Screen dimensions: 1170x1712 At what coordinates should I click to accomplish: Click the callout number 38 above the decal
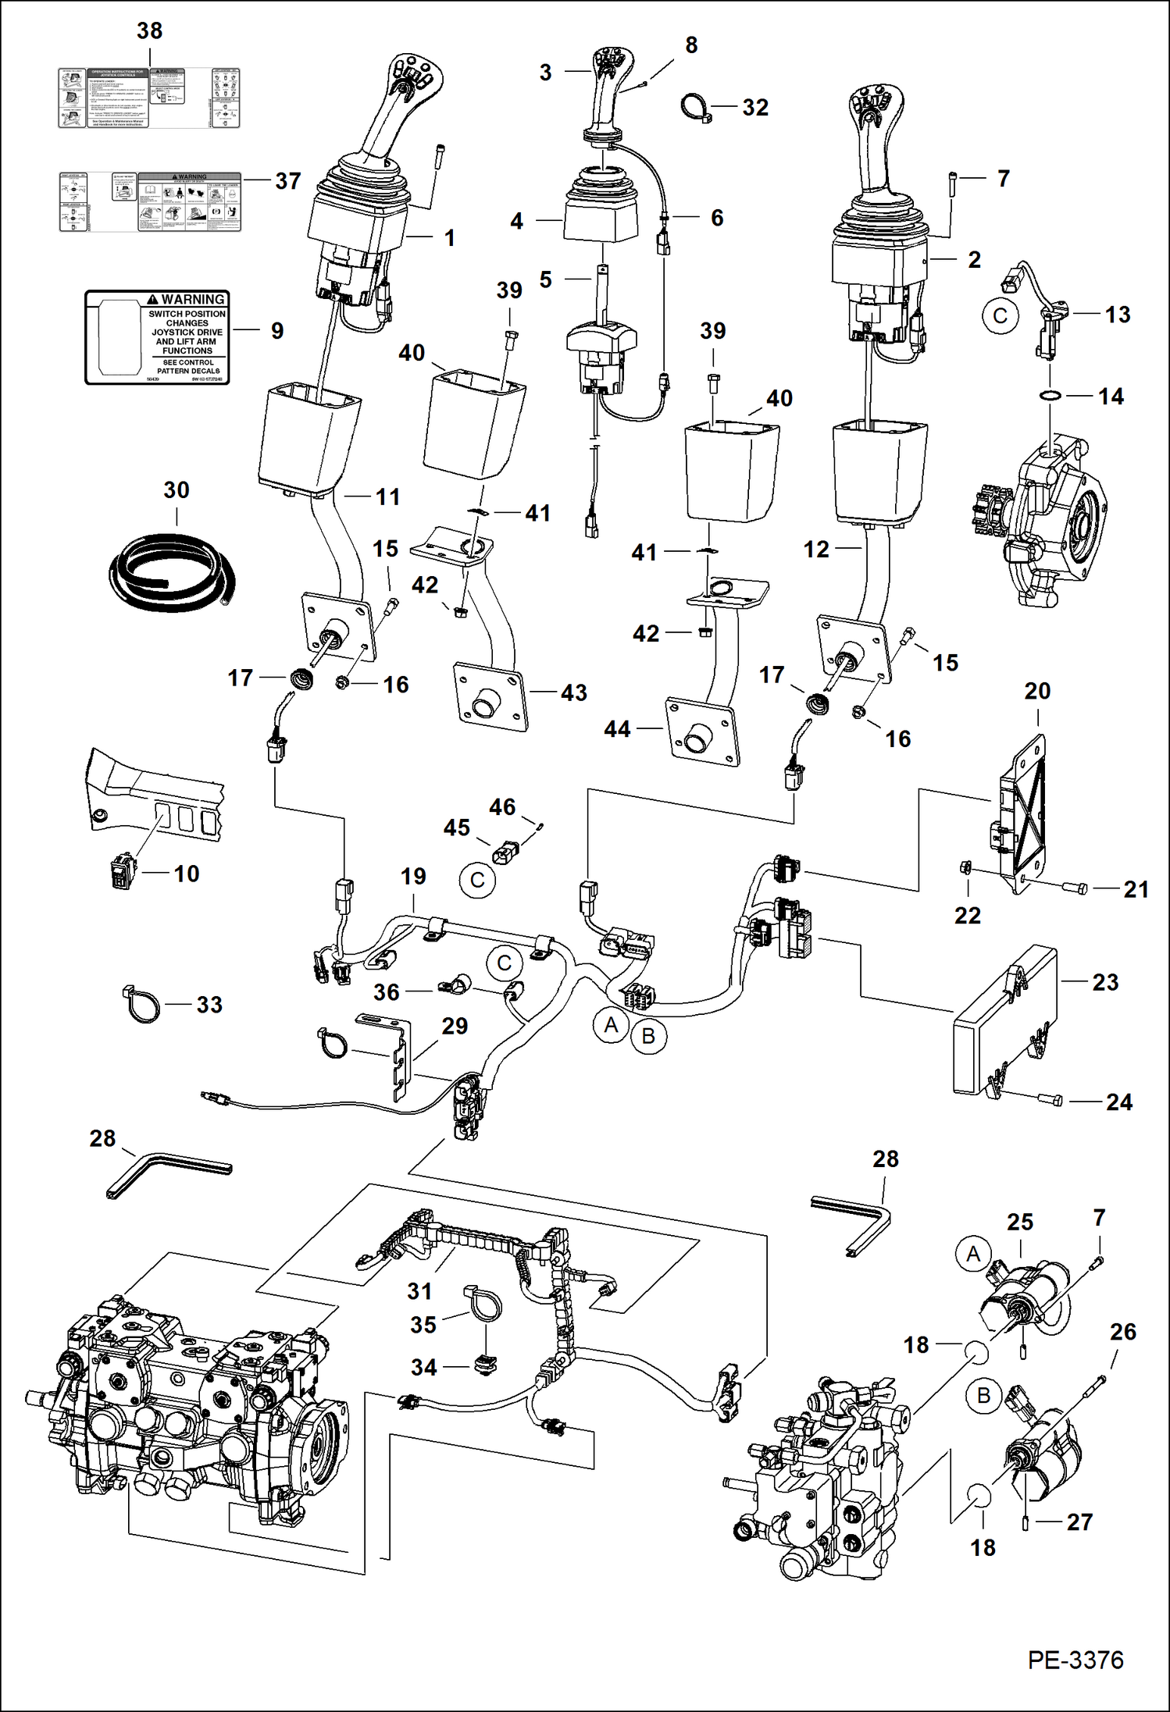click(149, 30)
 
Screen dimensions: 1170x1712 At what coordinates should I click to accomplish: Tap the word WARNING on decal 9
click(192, 299)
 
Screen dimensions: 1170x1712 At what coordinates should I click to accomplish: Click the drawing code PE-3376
click(1075, 1660)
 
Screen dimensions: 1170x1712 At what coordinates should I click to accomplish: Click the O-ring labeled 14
click(1051, 397)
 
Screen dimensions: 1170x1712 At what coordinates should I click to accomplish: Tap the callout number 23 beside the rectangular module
click(1104, 982)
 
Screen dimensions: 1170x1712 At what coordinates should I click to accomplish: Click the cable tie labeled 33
click(142, 1005)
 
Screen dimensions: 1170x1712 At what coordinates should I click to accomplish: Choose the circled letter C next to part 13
click(1000, 316)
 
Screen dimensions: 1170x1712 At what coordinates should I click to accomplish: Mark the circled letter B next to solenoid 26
click(983, 1395)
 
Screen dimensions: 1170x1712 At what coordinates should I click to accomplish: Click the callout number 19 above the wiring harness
click(413, 876)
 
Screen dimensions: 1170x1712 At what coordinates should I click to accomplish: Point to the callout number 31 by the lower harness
click(419, 1291)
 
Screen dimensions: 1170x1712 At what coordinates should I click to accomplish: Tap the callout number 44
click(617, 729)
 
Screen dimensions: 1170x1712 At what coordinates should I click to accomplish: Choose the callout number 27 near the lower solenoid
click(1079, 1522)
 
